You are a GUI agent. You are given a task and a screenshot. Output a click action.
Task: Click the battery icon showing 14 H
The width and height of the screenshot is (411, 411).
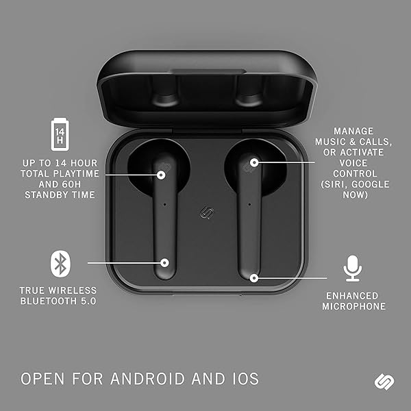(60, 134)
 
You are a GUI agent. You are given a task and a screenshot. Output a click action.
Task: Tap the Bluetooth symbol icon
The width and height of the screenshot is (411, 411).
(60, 264)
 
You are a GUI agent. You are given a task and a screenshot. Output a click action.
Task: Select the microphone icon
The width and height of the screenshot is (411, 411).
(353, 268)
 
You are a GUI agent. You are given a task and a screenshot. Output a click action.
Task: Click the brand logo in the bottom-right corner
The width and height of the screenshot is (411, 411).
(384, 382)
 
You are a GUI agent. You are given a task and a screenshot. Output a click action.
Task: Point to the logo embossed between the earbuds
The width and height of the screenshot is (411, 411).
(207, 212)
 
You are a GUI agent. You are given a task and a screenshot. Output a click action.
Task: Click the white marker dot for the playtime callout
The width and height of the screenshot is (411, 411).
(161, 175)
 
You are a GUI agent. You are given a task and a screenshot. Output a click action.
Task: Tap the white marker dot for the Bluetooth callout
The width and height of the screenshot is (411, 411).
(164, 262)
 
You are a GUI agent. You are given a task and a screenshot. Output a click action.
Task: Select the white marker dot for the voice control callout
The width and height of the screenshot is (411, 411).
(254, 163)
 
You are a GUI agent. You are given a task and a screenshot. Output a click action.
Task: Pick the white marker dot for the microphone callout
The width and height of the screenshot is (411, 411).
(253, 278)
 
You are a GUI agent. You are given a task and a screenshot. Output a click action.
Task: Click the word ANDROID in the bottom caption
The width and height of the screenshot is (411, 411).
(147, 379)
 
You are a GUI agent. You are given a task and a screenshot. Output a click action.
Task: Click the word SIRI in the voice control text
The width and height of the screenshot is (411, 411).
(334, 184)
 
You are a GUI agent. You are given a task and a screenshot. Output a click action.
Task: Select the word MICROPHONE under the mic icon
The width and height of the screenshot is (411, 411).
(354, 306)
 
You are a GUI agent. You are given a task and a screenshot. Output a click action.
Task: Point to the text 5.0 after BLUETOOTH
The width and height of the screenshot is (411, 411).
(88, 301)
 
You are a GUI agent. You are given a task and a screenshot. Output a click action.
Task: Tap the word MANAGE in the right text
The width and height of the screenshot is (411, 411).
(353, 131)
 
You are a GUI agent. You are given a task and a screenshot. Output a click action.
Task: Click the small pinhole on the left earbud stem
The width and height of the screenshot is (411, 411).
(164, 204)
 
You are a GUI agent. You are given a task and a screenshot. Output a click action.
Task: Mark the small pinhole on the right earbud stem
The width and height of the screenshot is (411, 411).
(249, 204)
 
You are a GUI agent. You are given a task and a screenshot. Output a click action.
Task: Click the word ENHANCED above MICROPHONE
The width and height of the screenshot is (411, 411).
(352, 296)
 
